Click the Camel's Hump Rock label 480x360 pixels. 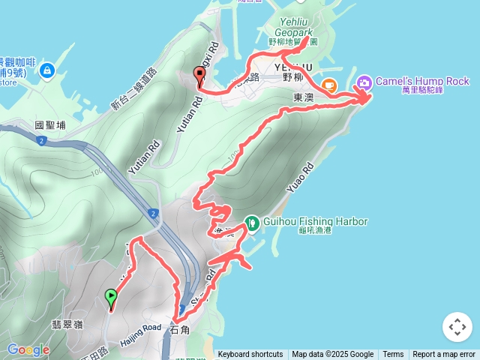[422, 81]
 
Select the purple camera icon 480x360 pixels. [364, 82]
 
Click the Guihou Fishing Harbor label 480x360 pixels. [315, 222]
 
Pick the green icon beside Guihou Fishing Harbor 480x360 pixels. [252, 222]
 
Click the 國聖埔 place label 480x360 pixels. [51, 126]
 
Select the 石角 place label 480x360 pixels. [181, 329]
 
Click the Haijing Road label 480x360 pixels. [140, 328]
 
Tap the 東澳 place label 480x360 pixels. [302, 98]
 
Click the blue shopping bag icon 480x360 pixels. [47, 70]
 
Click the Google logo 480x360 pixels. [28, 349]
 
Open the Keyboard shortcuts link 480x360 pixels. [250, 355]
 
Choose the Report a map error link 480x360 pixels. [444, 355]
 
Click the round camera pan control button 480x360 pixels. [457, 327]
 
